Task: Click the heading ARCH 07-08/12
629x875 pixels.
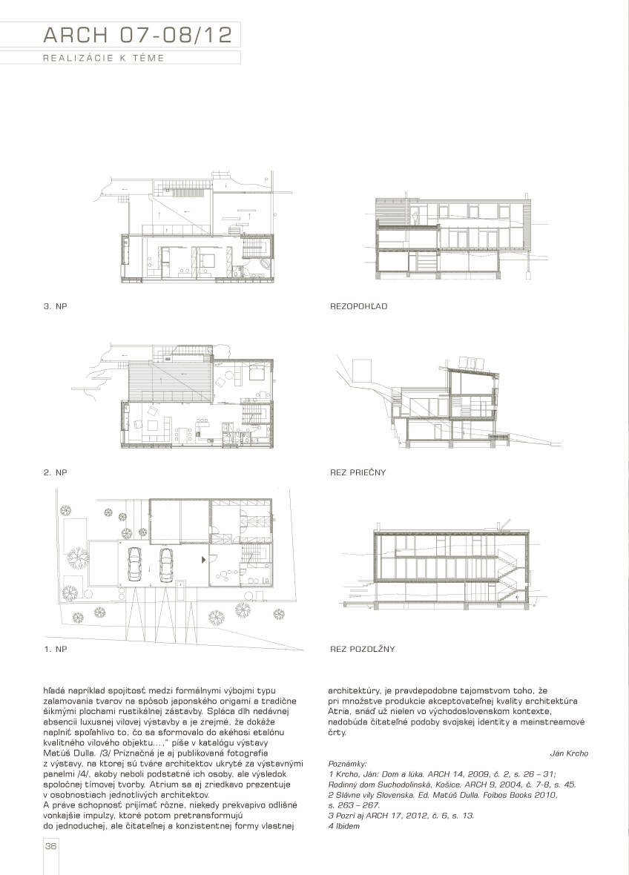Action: tap(137, 34)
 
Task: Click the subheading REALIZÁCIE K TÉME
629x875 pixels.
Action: tap(104, 58)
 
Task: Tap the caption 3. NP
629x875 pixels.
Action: tap(55, 306)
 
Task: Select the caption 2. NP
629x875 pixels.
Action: tap(55, 472)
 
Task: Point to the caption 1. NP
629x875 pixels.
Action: tap(55, 649)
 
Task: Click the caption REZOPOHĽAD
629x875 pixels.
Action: tap(358, 306)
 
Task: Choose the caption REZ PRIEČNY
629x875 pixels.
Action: tap(358, 472)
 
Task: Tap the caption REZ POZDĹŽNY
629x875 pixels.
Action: tap(362, 649)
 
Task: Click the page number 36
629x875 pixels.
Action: tap(51, 847)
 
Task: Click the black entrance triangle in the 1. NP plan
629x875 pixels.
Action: tap(203, 562)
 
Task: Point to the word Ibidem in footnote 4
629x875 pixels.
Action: tap(348, 825)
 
